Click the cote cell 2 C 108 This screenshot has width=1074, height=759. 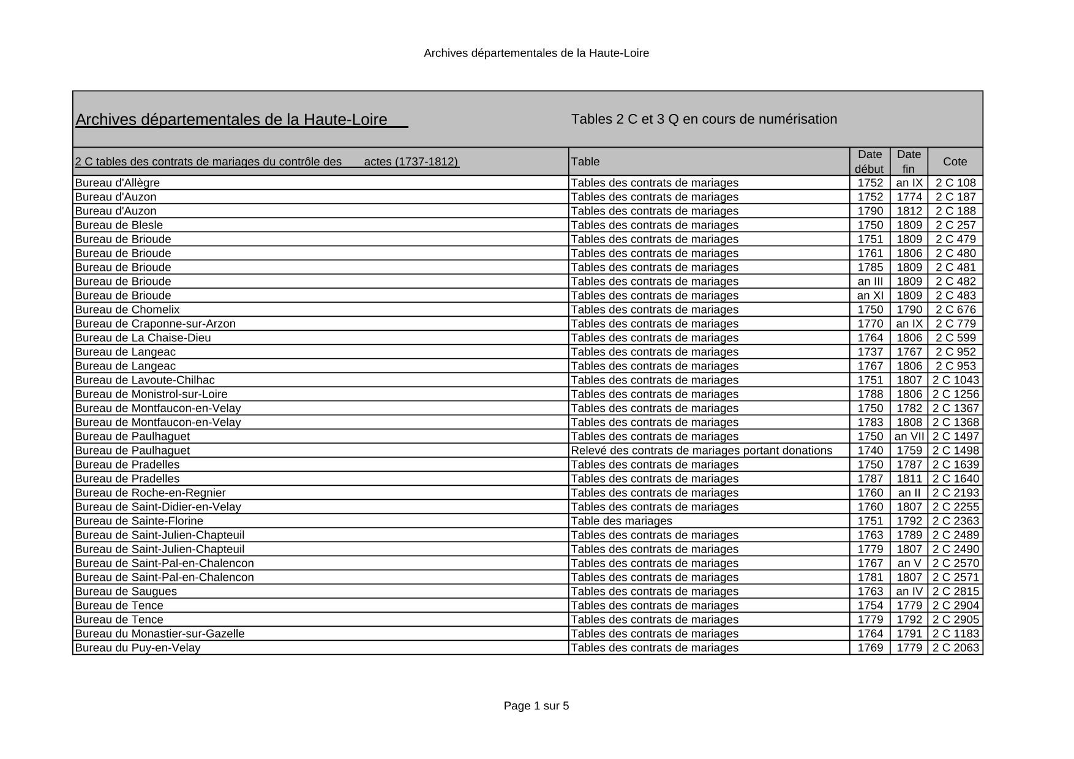tap(955, 183)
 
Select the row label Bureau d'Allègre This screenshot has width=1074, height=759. tap(117, 183)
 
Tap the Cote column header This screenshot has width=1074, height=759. tap(955, 162)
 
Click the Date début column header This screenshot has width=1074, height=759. tap(869, 162)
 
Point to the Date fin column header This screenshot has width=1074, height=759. tap(909, 162)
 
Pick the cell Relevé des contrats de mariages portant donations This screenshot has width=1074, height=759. tap(701, 450)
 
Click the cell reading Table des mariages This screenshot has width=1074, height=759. tap(621, 521)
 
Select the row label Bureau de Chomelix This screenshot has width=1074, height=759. tap(127, 309)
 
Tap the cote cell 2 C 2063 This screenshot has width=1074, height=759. tap(955, 648)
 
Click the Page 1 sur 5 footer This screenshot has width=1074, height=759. tap(536, 706)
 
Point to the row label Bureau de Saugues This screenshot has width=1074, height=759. tap(126, 591)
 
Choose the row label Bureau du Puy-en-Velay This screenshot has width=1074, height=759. tap(137, 648)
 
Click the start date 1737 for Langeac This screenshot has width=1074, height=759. tap(870, 352)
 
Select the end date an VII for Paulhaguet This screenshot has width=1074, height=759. tap(909, 436)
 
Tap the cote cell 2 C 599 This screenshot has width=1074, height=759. tap(955, 338)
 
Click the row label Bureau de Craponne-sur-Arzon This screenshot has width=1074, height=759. tap(155, 323)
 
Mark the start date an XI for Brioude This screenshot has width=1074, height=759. tap(870, 295)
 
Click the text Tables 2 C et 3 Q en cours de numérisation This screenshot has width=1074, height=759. tap(704, 119)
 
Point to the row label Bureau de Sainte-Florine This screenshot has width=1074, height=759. tap(139, 521)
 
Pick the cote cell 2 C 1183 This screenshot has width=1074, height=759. tap(955, 633)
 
